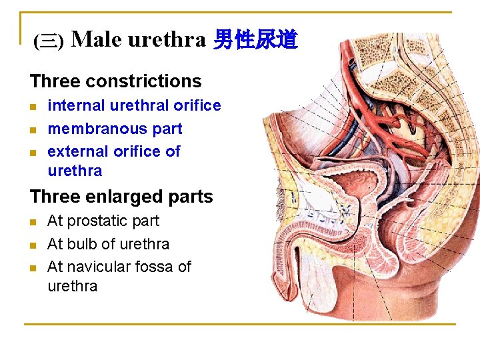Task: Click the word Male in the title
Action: pyautogui.click(x=96, y=40)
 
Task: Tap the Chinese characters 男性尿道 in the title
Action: pyautogui.click(x=255, y=41)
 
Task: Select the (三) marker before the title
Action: pyautogui.click(x=48, y=42)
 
